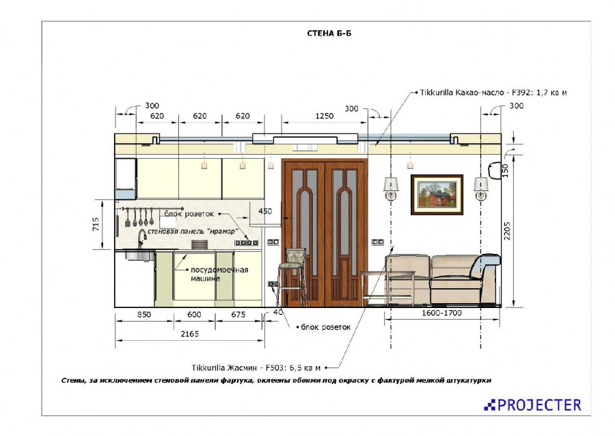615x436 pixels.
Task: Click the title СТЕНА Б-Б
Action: (x=329, y=34)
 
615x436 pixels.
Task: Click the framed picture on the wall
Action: (x=437, y=195)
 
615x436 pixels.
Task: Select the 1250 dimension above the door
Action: (x=325, y=116)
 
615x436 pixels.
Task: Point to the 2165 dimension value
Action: (x=190, y=334)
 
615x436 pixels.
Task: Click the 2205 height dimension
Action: (x=507, y=231)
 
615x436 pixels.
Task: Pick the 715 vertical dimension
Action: (x=96, y=225)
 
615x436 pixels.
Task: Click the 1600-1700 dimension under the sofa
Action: (x=441, y=313)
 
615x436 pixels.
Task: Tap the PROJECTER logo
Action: (x=532, y=405)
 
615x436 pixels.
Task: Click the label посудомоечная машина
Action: (x=219, y=274)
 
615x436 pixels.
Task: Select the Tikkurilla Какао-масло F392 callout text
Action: (x=493, y=92)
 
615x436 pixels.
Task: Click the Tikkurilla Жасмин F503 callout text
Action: (x=256, y=368)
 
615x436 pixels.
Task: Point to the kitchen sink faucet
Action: (x=141, y=238)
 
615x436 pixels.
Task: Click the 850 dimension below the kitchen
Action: (x=144, y=315)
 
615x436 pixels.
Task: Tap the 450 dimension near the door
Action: (x=265, y=211)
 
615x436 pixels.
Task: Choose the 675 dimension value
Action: (x=238, y=315)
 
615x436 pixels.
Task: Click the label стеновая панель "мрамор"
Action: (x=193, y=231)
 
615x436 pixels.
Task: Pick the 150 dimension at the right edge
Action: (x=505, y=171)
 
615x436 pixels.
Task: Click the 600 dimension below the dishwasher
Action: (x=194, y=315)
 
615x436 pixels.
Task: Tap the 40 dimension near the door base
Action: (x=277, y=312)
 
